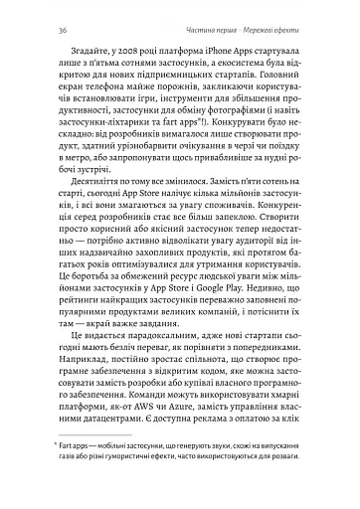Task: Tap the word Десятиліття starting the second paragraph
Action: pos(81,198)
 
